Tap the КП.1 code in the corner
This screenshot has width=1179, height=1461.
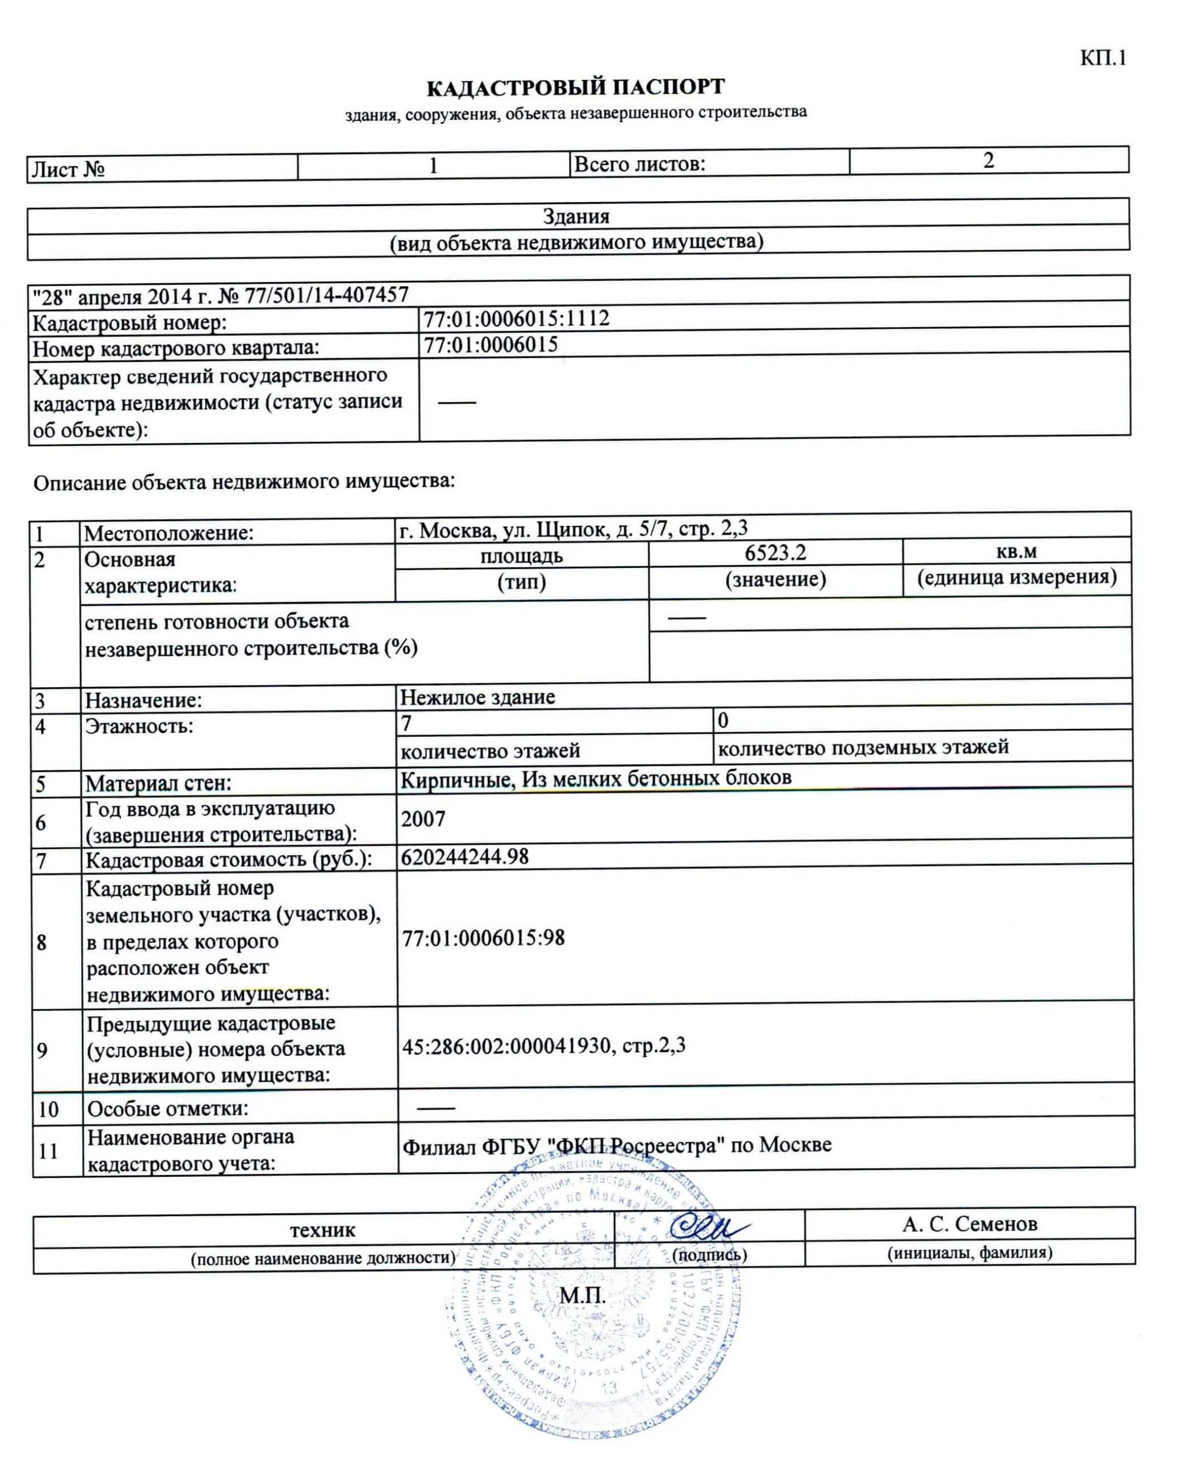pyautogui.click(x=1103, y=58)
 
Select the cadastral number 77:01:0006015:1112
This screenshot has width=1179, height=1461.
pyautogui.click(x=516, y=318)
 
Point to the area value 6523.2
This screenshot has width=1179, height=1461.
pyautogui.click(x=775, y=553)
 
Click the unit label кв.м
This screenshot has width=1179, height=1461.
pyautogui.click(x=1016, y=551)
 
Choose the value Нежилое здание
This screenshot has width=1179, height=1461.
pyautogui.click(x=478, y=697)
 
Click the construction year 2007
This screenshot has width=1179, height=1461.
pyautogui.click(x=423, y=819)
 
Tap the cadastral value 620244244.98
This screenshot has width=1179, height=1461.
pyautogui.click(x=465, y=857)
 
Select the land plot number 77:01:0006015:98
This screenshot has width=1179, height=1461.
pyautogui.click(x=483, y=938)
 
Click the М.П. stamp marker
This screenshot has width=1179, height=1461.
pyautogui.click(x=582, y=1296)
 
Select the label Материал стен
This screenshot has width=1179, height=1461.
pyautogui.click(x=158, y=783)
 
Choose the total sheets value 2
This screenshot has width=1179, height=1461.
pyautogui.click(x=988, y=160)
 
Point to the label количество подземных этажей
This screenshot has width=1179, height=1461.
pyautogui.click(x=862, y=748)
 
